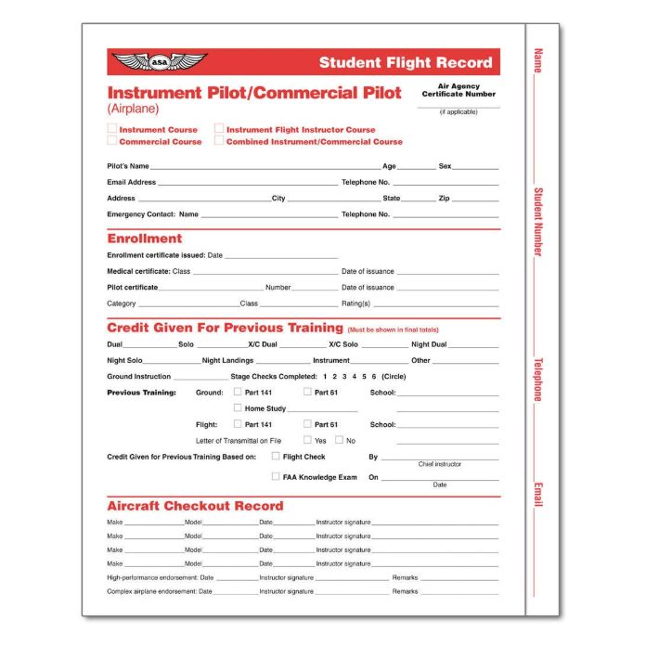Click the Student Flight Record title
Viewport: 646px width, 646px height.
point(406,63)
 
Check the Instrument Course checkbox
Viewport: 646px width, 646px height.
point(112,130)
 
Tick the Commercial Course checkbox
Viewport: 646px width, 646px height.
point(112,142)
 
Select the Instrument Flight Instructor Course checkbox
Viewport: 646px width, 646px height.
point(220,130)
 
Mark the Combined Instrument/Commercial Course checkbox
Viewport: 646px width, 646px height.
point(220,142)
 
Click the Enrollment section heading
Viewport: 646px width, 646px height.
point(145,239)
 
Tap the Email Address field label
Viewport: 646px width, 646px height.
point(132,183)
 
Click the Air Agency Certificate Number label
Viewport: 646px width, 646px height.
point(459,90)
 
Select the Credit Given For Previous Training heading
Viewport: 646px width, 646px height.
point(225,328)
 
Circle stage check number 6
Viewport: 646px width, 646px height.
point(374,377)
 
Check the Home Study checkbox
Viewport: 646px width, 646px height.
point(238,408)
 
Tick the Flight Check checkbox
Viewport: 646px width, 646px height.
point(276,457)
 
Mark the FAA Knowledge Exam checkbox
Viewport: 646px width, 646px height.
point(276,476)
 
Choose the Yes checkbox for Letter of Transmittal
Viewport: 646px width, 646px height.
point(307,440)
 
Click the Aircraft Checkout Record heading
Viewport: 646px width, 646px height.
point(195,506)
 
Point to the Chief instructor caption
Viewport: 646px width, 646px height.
point(439,464)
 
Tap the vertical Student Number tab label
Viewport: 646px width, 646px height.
point(537,222)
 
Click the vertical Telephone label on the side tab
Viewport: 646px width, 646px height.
point(537,380)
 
